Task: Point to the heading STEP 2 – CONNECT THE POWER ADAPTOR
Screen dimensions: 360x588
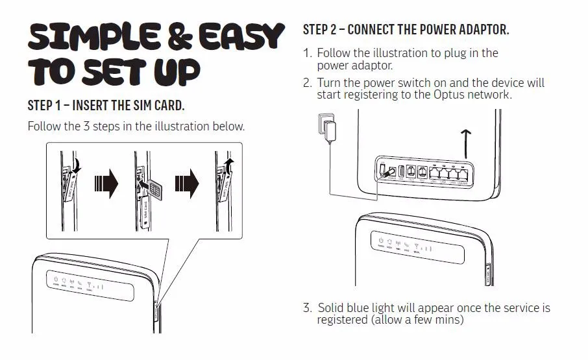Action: [406, 30]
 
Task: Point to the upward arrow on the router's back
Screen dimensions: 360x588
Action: [465, 143]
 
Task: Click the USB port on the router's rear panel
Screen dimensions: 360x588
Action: [401, 172]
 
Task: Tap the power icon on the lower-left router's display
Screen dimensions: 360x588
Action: [56, 280]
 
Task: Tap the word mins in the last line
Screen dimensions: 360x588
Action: [450, 320]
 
